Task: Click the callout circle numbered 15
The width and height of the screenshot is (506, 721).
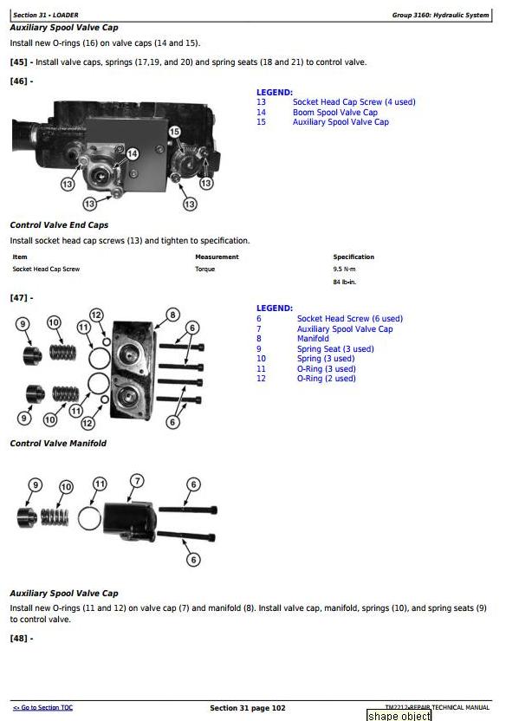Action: pos(174,132)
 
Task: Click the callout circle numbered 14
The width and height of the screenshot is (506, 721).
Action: pos(133,153)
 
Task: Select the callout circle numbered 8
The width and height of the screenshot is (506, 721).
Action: pos(172,315)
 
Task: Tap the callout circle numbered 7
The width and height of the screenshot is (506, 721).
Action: pos(137,481)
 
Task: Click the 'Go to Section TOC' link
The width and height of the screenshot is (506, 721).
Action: pos(42,708)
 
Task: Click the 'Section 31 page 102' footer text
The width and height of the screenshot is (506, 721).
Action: pos(248,708)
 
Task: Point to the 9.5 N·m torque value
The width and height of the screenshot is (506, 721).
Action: pos(344,269)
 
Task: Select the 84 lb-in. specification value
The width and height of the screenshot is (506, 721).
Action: pos(345,282)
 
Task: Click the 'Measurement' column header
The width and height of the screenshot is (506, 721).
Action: pos(217,257)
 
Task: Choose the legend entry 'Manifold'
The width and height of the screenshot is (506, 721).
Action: pos(313,339)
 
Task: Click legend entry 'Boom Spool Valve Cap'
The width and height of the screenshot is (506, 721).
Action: pos(335,112)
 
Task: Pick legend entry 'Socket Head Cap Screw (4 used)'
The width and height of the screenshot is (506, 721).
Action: pos(354,102)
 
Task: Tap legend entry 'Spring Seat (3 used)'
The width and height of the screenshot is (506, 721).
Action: pos(335,348)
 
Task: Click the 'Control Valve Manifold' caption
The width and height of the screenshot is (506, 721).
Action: pos(58,444)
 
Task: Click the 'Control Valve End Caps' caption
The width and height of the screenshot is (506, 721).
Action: pos(59,224)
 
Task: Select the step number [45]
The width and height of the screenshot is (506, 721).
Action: pos(19,62)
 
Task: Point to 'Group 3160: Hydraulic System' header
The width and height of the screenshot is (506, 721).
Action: pos(440,16)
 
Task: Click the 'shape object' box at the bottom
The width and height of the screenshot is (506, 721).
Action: pos(399,716)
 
